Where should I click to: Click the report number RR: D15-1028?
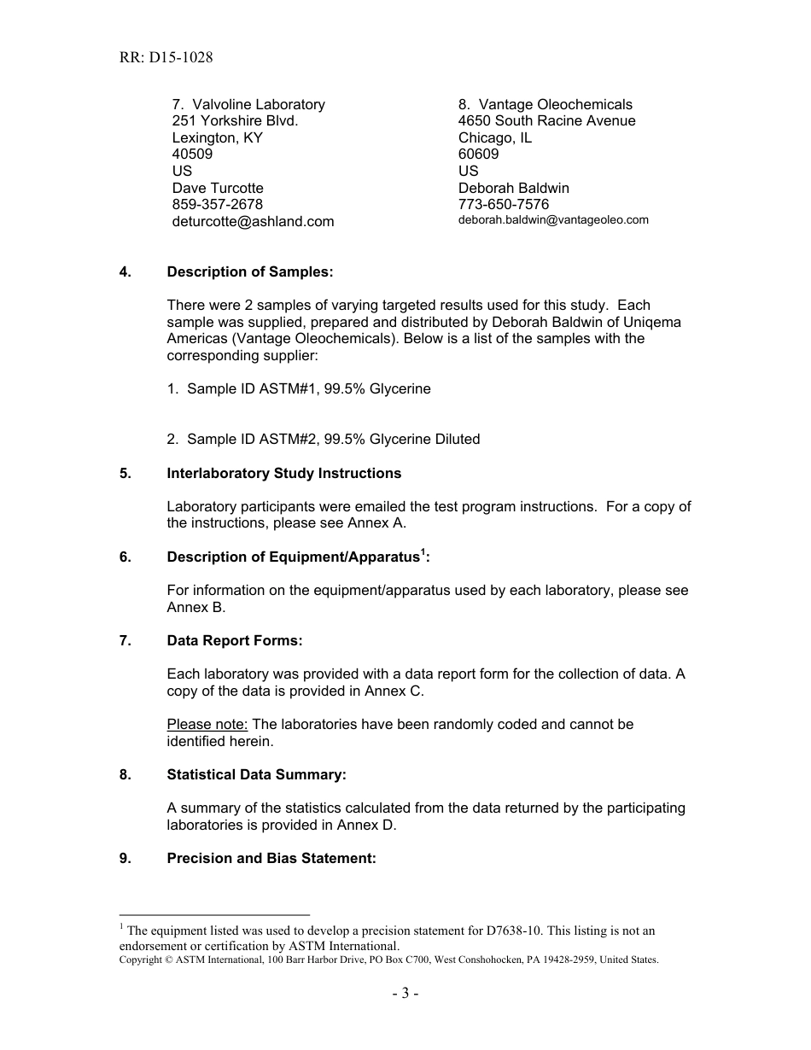click(166, 58)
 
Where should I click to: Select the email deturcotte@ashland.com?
click(253, 222)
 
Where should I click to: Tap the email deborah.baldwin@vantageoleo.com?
click(553, 220)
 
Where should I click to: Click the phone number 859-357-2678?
click(217, 205)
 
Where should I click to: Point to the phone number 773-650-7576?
click(504, 205)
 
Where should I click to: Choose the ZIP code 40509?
click(192, 155)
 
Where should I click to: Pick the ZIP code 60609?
click(478, 155)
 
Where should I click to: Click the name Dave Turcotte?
click(218, 188)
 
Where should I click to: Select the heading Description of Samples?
click(250, 272)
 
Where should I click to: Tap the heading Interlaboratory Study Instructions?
click(283, 473)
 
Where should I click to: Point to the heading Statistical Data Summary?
click(256, 774)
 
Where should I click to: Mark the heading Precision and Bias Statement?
click(271, 858)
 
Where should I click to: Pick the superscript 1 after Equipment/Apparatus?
click(423, 552)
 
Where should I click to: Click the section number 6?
click(125, 557)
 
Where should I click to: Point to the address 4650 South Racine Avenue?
click(546, 121)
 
